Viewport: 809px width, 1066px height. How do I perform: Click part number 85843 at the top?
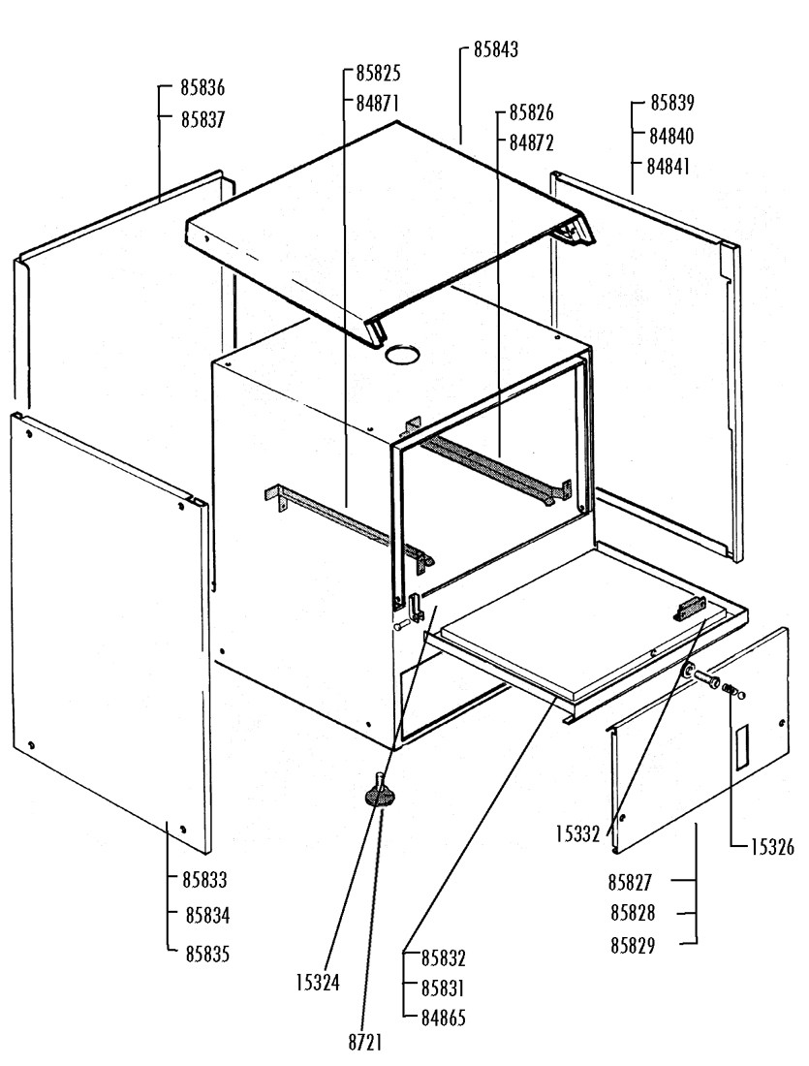[495, 49]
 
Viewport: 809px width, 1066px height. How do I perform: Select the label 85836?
[202, 88]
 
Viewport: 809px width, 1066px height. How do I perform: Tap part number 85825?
[378, 73]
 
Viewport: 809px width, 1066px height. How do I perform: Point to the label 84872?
[532, 143]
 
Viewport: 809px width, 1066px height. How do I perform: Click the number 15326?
[771, 848]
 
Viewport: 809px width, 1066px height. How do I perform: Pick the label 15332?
[579, 832]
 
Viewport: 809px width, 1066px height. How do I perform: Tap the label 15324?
[318, 983]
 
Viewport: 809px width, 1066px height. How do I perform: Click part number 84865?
[444, 1019]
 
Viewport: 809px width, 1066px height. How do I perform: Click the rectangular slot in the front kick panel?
[741, 748]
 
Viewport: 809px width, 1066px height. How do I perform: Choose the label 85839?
[672, 102]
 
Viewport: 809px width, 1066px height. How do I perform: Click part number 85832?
[444, 958]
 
